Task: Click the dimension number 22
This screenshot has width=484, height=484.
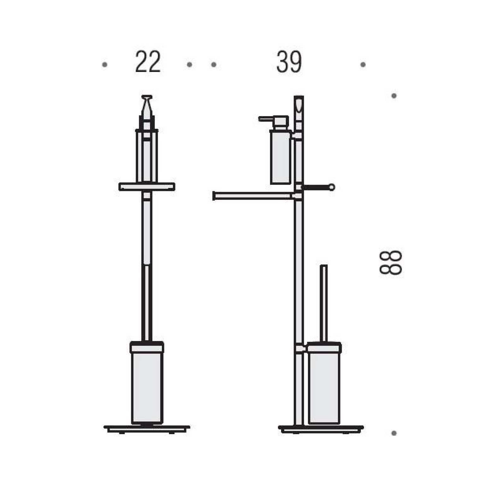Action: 148,62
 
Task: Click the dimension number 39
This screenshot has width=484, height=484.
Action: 289,62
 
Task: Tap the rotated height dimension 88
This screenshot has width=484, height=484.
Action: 391,263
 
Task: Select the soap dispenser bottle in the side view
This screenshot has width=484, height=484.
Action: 280,156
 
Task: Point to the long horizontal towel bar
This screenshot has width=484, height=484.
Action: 252,196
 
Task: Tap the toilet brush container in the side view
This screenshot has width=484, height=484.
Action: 324,383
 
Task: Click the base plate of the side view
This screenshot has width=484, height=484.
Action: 321,429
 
